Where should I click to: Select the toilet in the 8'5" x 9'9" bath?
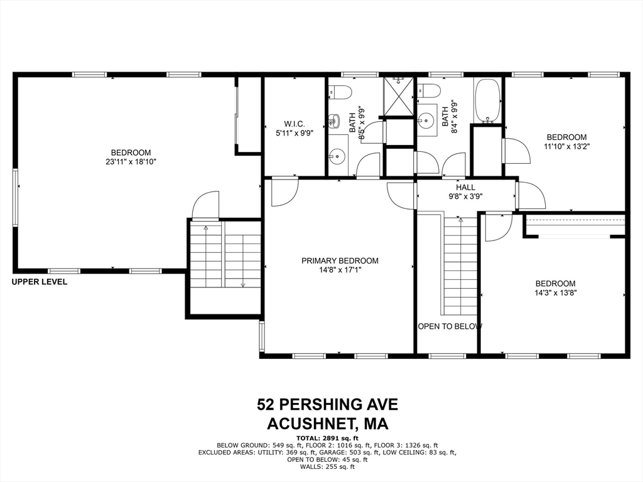pyautogui.click(x=340, y=92)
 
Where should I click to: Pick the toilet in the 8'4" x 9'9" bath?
pyautogui.click(x=430, y=91)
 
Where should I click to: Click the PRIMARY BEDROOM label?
pyautogui.click(x=340, y=261)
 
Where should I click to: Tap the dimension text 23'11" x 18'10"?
pyautogui.click(x=131, y=162)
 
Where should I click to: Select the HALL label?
pyautogui.click(x=465, y=187)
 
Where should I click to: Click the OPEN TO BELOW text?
pyautogui.click(x=450, y=326)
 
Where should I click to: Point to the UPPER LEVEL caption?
pyautogui.click(x=39, y=282)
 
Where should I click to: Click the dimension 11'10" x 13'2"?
pyautogui.click(x=566, y=146)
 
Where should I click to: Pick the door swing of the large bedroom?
pyautogui.click(x=206, y=205)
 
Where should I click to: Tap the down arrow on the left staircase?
pyautogui.click(x=243, y=285)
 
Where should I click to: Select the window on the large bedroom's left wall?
pyautogui.click(x=16, y=196)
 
